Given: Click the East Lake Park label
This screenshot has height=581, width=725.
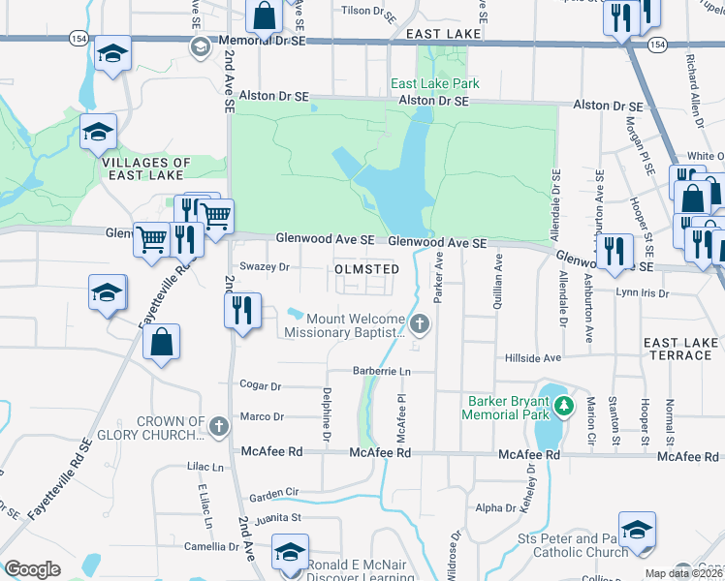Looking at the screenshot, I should point(435,84).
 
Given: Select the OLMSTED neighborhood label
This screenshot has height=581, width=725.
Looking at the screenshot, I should point(366,268).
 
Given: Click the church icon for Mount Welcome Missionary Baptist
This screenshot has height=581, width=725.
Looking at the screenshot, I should point(420,323).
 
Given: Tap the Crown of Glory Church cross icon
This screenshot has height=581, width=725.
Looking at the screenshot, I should point(219,424).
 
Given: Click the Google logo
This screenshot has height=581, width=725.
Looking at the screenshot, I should point(32,569).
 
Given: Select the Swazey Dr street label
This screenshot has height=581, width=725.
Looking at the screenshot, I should point(265,266).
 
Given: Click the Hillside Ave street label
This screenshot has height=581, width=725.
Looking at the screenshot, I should point(534,357).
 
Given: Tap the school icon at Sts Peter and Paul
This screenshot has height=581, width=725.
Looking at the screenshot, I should point(637,531).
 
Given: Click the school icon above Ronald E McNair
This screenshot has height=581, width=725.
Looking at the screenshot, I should point(289,553).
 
